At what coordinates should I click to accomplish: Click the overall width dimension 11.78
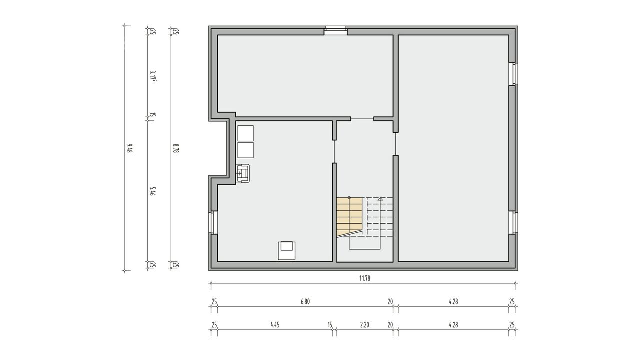pos(365,278)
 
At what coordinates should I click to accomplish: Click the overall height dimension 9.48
pos(129,148)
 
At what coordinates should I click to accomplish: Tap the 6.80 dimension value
pos(305,301)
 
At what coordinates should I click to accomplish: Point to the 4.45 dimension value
pos(275,325)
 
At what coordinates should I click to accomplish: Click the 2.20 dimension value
pos(365,325)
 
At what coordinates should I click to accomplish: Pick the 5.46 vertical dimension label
pos(153,191)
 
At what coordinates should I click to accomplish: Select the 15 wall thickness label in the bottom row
pos(330,325)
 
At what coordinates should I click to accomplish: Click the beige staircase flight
pos(349,215)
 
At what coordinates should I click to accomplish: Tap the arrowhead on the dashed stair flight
pos(380,199)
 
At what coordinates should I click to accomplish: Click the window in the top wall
pos(336,31)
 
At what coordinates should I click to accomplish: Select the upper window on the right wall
pos(513,74)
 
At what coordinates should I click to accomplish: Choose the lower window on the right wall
pos(513,223)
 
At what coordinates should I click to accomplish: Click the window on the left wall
pos(213,223)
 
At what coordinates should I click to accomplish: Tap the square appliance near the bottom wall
pos(287,251)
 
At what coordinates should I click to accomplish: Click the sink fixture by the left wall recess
pos(243,173)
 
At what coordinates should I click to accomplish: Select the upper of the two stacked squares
pos(245,133)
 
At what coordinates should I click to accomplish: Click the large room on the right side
pos(453,148)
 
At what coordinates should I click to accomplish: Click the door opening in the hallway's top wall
pos(362,119)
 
